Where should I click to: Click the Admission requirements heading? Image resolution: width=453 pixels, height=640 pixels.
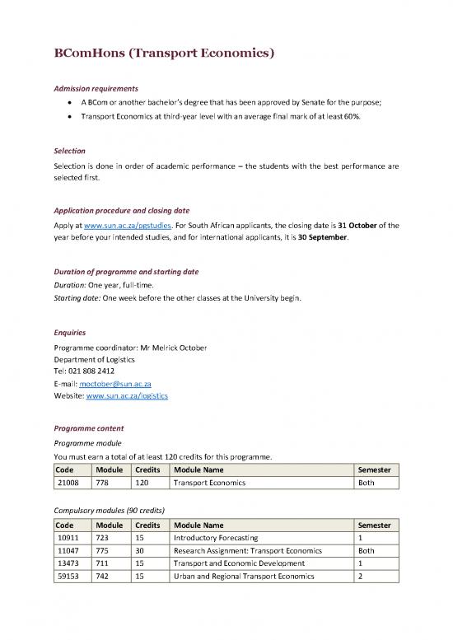point(96,88)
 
